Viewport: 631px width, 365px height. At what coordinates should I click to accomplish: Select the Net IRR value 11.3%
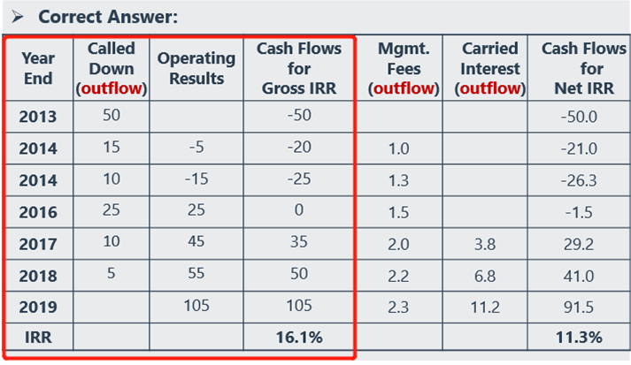pyautogui.click(x=581, y=338)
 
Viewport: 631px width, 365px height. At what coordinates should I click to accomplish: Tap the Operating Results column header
pyautogui.click(x=196, y=68)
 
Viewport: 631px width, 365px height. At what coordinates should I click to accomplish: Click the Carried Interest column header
pyautogui.click(x=489, y=68)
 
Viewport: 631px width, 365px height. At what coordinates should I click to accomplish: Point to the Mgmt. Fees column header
pyautogui.click(x=405, y=68)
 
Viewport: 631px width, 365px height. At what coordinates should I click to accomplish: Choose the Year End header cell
pyautogui.click(x=38, y=68)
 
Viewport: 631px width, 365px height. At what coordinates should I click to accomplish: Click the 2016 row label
pyautogui.click(x=38, y=212)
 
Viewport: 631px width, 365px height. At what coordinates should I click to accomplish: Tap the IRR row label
pyautogui.click(x=38, y=338)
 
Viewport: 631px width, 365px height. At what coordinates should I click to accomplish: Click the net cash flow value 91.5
pyautogui.click(x=581, y=306)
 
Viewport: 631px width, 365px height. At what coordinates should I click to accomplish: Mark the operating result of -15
pyautogui.click(x=196, y=179)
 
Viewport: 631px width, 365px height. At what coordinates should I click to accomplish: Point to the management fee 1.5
pyautogui.click(x=398, y=212)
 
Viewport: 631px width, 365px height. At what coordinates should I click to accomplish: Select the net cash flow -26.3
pyautogui.click(x=581, y=179)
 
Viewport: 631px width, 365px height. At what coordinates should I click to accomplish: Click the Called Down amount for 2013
pyautogui.click(x=112, y=116)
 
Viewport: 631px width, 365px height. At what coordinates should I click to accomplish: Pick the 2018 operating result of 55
pyautogui.click(x=196, y=275)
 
